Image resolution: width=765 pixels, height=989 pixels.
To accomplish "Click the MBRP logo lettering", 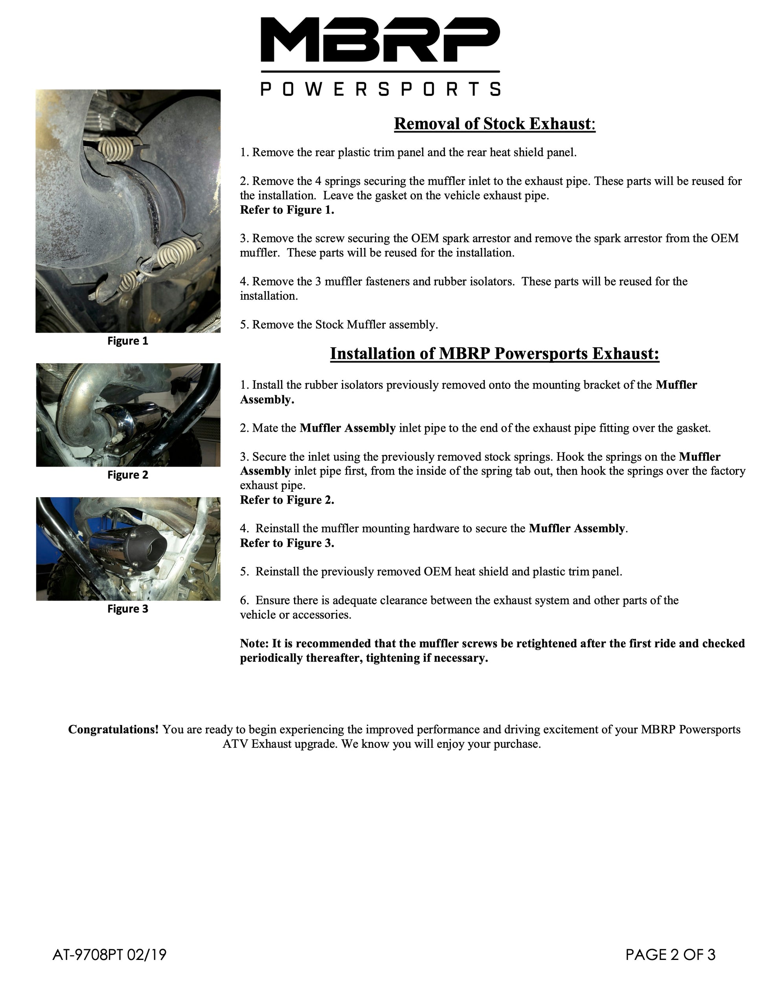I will [380, 40].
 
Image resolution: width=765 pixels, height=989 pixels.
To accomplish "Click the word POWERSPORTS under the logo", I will [380, 89].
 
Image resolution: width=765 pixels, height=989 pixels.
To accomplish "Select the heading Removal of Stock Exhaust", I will [494, 124].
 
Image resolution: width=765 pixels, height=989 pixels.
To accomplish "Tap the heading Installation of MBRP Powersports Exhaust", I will [494, 353].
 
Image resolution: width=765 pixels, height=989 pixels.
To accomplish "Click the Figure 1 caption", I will [128, 341].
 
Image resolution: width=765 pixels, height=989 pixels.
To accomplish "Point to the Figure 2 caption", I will [128, 475].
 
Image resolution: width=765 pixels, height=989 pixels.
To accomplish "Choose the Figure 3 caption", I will [128, 609].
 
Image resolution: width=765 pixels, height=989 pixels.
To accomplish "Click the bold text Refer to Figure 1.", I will [287, 210].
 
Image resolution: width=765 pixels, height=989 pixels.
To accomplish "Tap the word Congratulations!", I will [113, 729].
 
